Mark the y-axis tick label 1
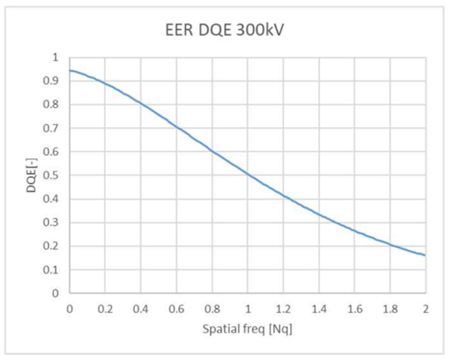coord(55,57)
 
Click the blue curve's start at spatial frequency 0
coord(70,70)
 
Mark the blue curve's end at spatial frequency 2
coord(425,255)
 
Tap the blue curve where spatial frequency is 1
coord(248,174)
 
